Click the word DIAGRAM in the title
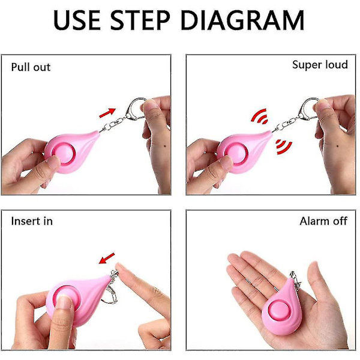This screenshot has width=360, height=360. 242,20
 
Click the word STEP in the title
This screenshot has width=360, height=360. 140,20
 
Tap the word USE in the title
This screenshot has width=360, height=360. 77,20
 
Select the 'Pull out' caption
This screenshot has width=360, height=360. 31,67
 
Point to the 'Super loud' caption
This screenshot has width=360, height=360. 320,65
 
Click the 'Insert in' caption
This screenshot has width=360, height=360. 32,221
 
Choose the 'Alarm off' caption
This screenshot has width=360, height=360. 323,221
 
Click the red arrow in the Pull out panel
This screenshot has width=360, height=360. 107,113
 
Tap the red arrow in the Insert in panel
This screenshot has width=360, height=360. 107,258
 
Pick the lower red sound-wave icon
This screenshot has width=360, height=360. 284,147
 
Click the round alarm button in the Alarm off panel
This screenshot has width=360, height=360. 280,311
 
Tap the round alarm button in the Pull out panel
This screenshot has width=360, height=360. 64,154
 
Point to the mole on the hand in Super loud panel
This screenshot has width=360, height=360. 337,146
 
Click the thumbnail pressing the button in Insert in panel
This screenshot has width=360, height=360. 64,302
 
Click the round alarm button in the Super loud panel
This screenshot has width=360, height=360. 236,154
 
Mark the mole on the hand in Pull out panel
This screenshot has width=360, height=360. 166,146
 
